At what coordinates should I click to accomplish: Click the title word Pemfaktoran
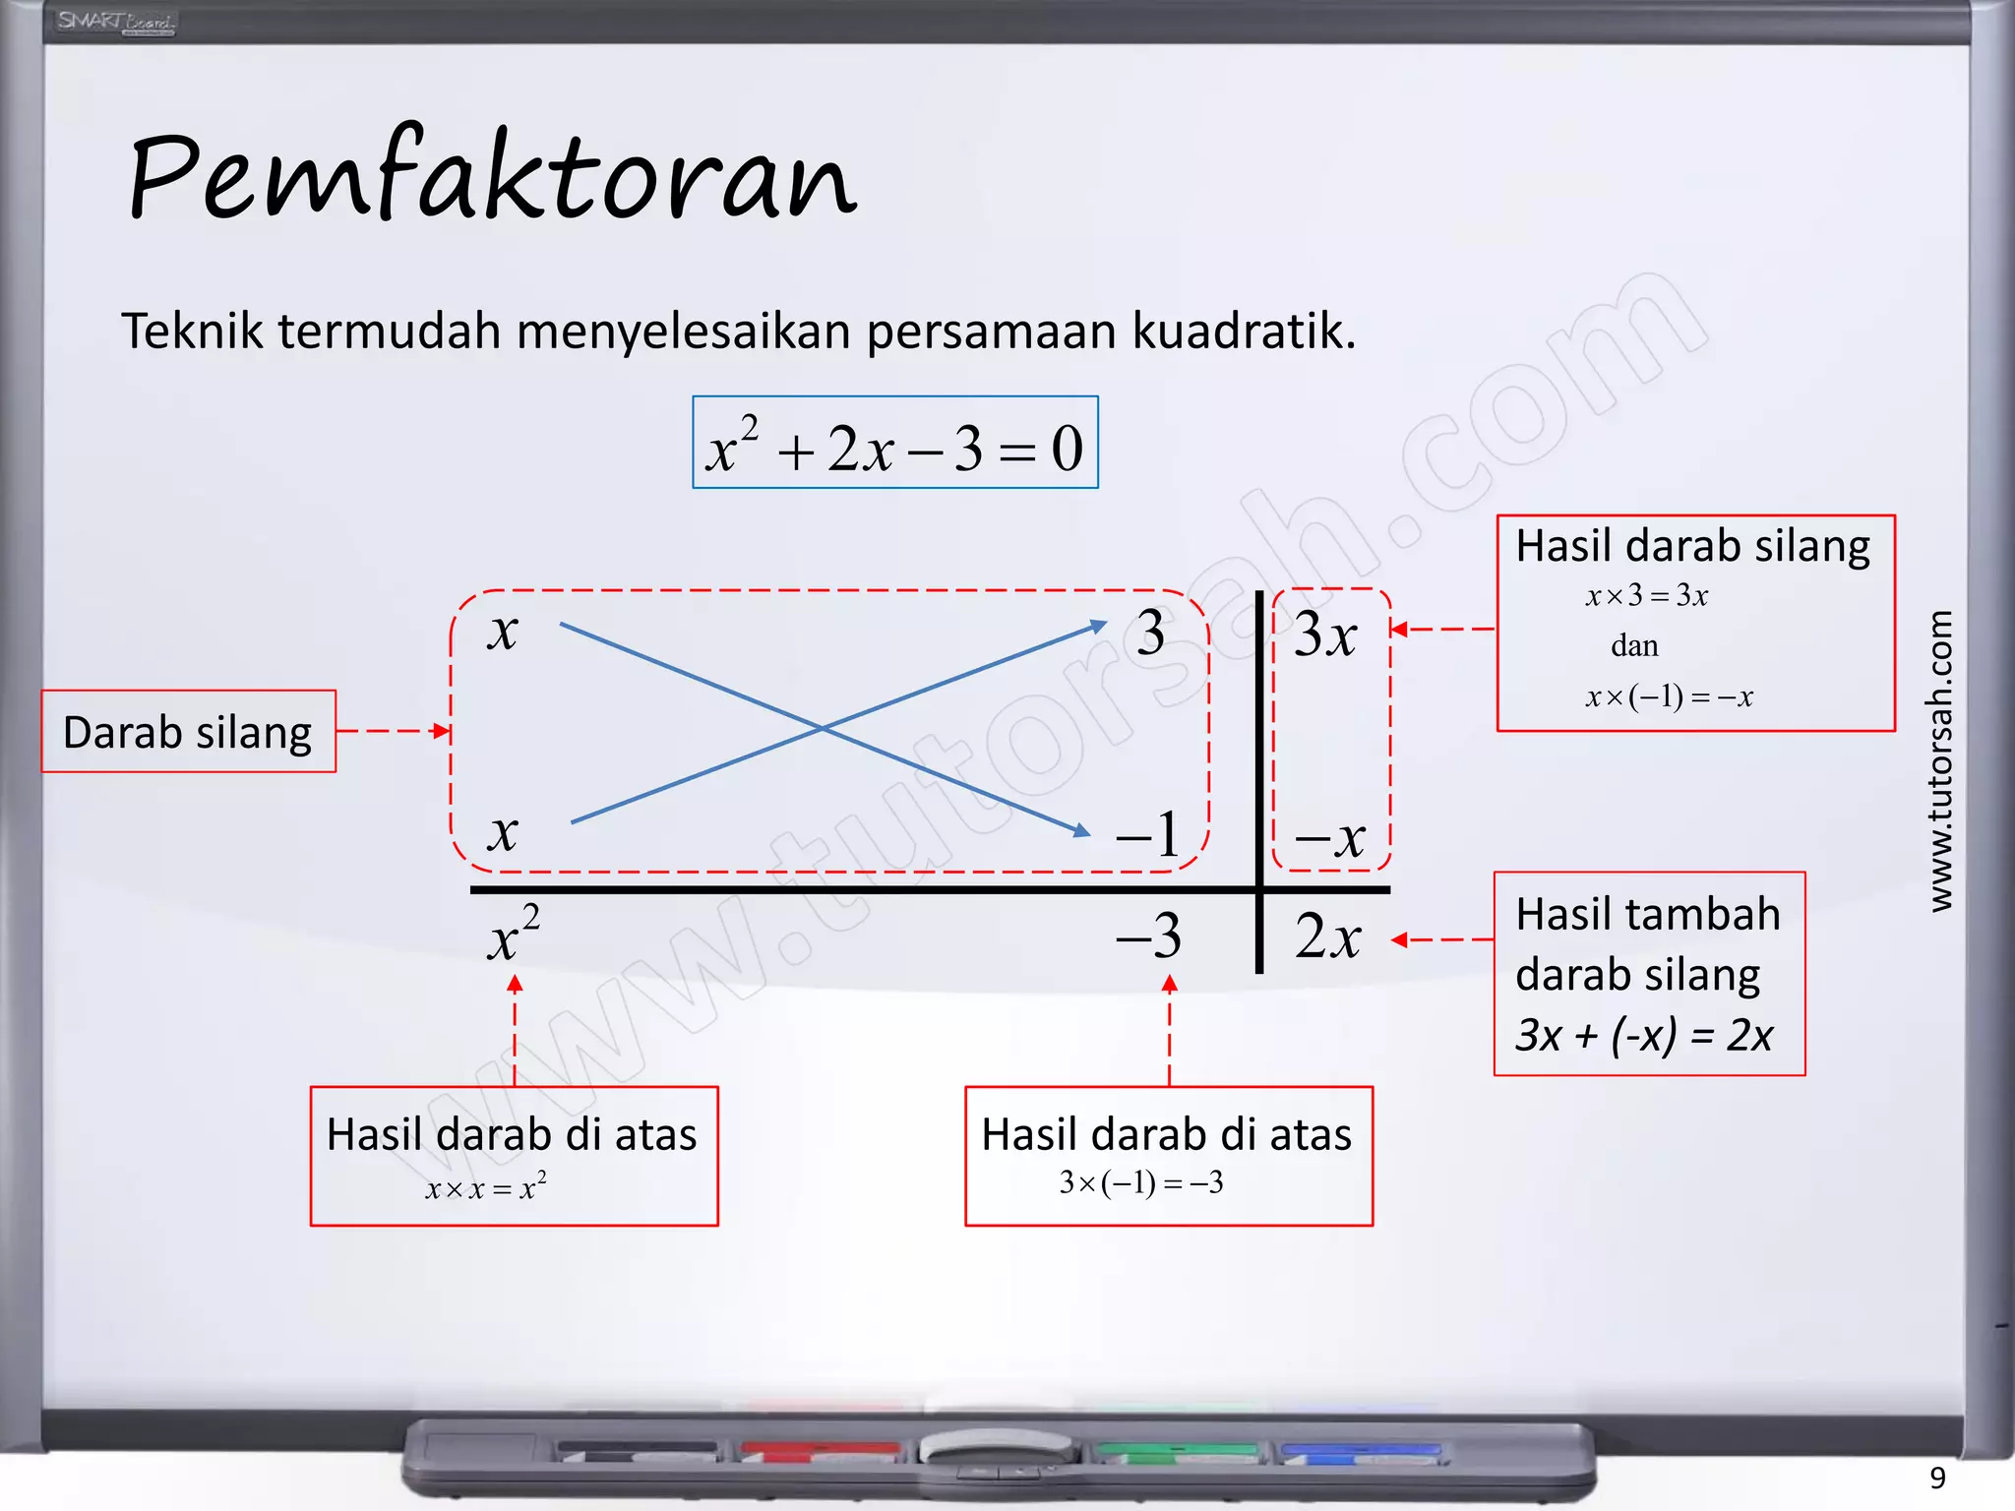point(492,177)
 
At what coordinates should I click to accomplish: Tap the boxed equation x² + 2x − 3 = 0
point(894,444)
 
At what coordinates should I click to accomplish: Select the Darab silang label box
point(188,732)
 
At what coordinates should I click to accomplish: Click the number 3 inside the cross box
point(1150,633)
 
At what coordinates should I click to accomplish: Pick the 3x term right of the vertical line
point(1325,635)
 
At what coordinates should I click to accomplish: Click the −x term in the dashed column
point(1330,839)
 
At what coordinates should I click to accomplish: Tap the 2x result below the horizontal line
point(1328,936)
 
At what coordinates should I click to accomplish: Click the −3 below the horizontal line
point(1149,936)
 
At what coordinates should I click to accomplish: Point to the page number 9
point(1937,1478)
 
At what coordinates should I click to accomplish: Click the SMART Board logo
point(115,22)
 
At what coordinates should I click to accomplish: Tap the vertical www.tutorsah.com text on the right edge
point(1939,761)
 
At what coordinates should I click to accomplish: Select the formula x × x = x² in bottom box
point(486,1187)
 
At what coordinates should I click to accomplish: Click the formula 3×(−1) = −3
point(1141,1182)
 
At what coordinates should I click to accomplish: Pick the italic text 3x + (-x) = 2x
point(1644,1035)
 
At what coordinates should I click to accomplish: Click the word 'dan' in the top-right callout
point(1634,646)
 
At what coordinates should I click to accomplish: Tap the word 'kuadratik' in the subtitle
point(1244,331)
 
